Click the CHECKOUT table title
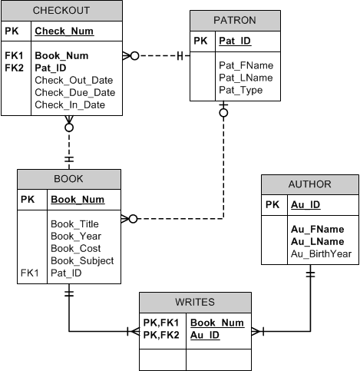pyautogui.click(x=61, y=11)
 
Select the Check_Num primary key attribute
pyautogui.click(x=64, y=31)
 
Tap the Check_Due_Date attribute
pyautogui.click(x=75, y=92)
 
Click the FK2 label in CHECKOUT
pyautogui.click(x=15, y=68)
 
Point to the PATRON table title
pyautogui.click(x=235, y=20)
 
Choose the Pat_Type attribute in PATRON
pyautogui.click(x=241, y=90)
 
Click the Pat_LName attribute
pyautogui.click(x=246, y=78)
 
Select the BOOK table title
pyautogui.click(x=68, y=179)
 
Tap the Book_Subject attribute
pyautogui.click(x=82, y=261)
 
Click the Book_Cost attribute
pyautogui.click(x=76, y=248)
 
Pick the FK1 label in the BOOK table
pyautogui.click(x=30, y=273)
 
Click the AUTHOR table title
pyautogui.click(x=310, y=184)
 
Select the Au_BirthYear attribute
pyautogui.click(x=321, y=254)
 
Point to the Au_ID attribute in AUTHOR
pyautogui.click(x=306, y=205)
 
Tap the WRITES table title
pyautogui.click(x=195, y=302)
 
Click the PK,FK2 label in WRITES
pyautogui.click(x=161, y=335)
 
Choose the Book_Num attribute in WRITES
pyautogui.click(x=217, y=323)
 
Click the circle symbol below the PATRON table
pyautogui.click(x=223, y=113)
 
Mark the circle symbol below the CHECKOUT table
pyautogui.click(x=69, y=128)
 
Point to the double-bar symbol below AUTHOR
pyautogui.click(x=310, y=274)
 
